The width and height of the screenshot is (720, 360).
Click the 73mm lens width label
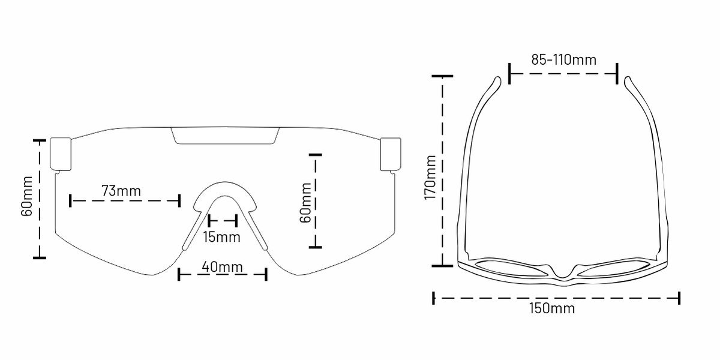(121, 191)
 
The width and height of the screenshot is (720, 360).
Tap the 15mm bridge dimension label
(221, 237)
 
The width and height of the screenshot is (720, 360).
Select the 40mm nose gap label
(222, 267)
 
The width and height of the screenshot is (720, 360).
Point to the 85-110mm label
(563, 60)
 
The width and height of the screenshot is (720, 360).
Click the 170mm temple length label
(430, 178)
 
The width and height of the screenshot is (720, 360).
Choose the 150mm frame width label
(552, 308)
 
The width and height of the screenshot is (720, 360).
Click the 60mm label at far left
(26, 196)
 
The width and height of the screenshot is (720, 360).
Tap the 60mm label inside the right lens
(305, 203)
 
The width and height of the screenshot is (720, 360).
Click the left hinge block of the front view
(61, 154)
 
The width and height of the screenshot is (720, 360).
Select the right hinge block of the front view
(391, 154)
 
